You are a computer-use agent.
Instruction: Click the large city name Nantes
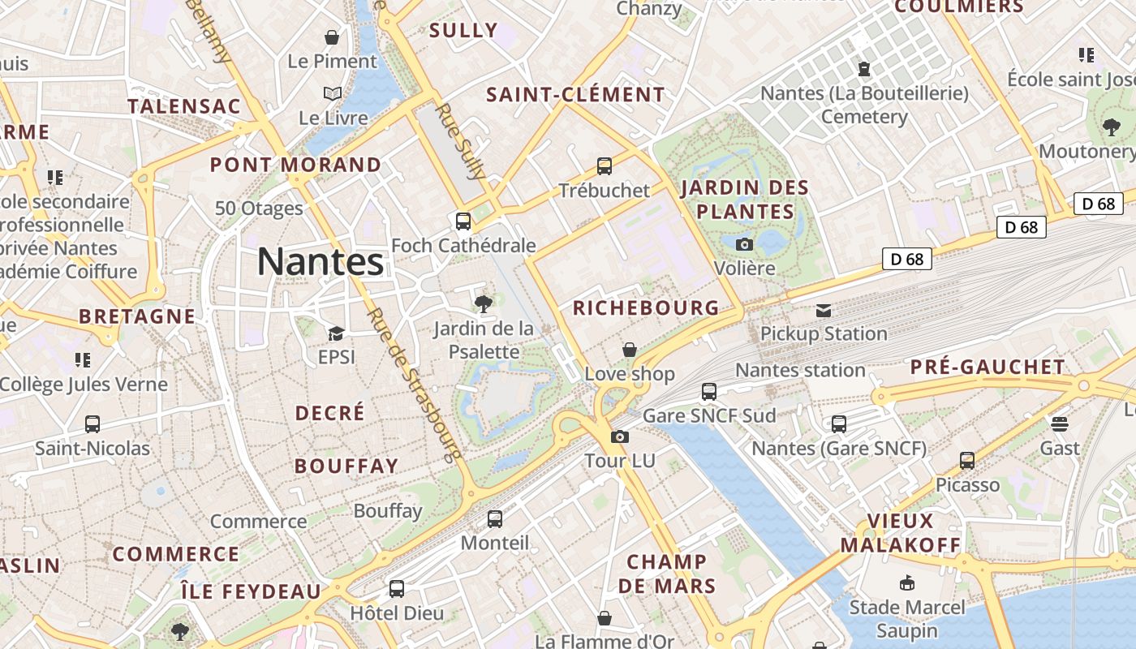pyautogui.click(x=320, y=261)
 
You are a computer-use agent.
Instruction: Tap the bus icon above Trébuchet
pyautogui.click(x=604, y=166)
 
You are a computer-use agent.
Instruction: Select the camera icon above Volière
pyautogui.click(x=744, y=244)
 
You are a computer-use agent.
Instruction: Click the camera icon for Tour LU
pyautogui.click(x=620, y=437)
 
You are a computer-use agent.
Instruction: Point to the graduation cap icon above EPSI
pyautogui.click(x=336, y=333)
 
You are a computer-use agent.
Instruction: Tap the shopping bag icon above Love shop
pyautogui.click(x=630, y=350)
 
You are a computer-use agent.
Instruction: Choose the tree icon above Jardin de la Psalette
pyautogui.click(x=484, y=304)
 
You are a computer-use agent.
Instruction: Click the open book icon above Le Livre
pyautogui.click(x=333, y=94)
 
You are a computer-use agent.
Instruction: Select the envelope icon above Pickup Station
pyautogui.click(x=824, y=310)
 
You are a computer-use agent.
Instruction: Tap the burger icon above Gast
pyautogui.click(x=1060, y=424)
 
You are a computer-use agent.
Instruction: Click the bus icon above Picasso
pyautogui.click(x=967, y=461)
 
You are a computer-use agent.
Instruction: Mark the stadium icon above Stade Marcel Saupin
pyautogui.click(x=907, y=583)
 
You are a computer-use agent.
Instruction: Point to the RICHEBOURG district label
pyautogui.click(x=646, y=307)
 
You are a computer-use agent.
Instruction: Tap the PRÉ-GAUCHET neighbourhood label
pyautogui.click(x=987, y=367)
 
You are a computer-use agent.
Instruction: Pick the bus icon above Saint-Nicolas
pyautogui.click(x=93, y=424)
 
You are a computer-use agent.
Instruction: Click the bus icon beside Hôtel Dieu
pyautogui.click(x=397, y=589)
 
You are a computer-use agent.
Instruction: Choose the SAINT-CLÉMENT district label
pyautogui.click(x=575, y=95)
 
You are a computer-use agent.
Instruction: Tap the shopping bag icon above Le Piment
pyautogui.click(x=332, y=37)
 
